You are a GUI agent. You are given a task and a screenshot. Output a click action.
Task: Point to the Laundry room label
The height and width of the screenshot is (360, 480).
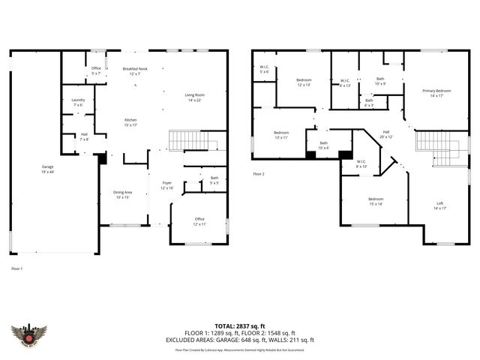78,102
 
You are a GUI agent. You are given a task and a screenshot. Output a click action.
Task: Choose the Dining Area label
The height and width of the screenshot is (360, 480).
121,194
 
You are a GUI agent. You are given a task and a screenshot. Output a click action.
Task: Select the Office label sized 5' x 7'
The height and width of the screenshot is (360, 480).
96,71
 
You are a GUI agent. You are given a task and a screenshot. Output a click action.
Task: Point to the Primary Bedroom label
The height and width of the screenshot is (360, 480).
437,93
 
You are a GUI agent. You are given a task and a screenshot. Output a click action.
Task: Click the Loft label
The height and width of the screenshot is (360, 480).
439,205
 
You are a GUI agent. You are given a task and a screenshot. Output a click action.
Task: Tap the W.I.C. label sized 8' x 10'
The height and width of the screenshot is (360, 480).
361,163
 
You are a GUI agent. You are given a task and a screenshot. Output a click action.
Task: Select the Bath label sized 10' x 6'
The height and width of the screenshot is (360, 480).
323,145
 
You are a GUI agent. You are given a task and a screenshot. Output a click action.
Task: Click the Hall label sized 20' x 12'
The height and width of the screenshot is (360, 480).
385,134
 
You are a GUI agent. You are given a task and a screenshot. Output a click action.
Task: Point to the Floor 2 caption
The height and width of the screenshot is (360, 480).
259,173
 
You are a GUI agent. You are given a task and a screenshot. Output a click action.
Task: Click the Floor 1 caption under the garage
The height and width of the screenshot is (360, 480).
17,268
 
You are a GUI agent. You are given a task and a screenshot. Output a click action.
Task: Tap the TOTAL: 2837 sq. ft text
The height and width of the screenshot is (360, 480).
239,325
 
